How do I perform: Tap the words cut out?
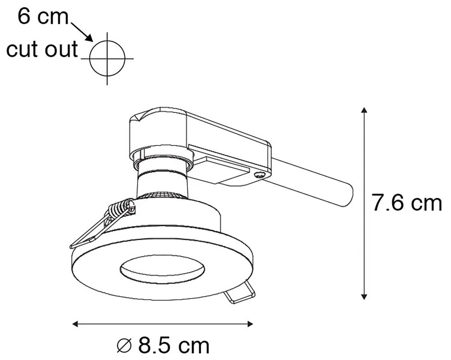pos(42,49)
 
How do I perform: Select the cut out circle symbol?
pos(107,58)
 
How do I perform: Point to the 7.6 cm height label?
pos(407,203)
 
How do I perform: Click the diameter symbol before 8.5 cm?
pos(125,345)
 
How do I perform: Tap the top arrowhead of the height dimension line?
pos(364,111)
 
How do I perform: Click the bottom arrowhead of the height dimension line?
pos(364,296)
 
